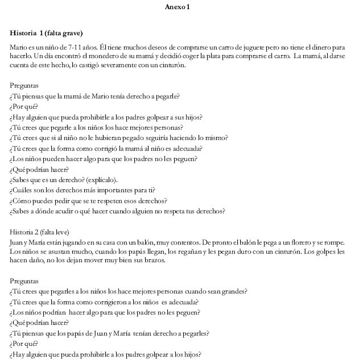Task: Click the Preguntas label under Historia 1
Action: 24,86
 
